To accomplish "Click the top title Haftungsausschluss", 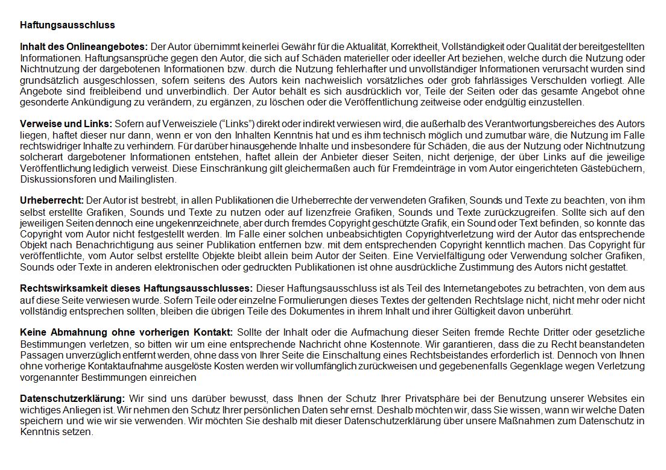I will [68, 25].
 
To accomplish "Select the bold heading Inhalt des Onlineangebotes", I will [84, 47].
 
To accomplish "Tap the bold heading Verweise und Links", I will [66, 124].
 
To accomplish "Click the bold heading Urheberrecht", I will [52, 200].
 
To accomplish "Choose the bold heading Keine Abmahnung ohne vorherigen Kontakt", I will [126, 333].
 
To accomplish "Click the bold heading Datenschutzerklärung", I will [72, 399].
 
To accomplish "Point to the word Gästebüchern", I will [614, 168].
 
